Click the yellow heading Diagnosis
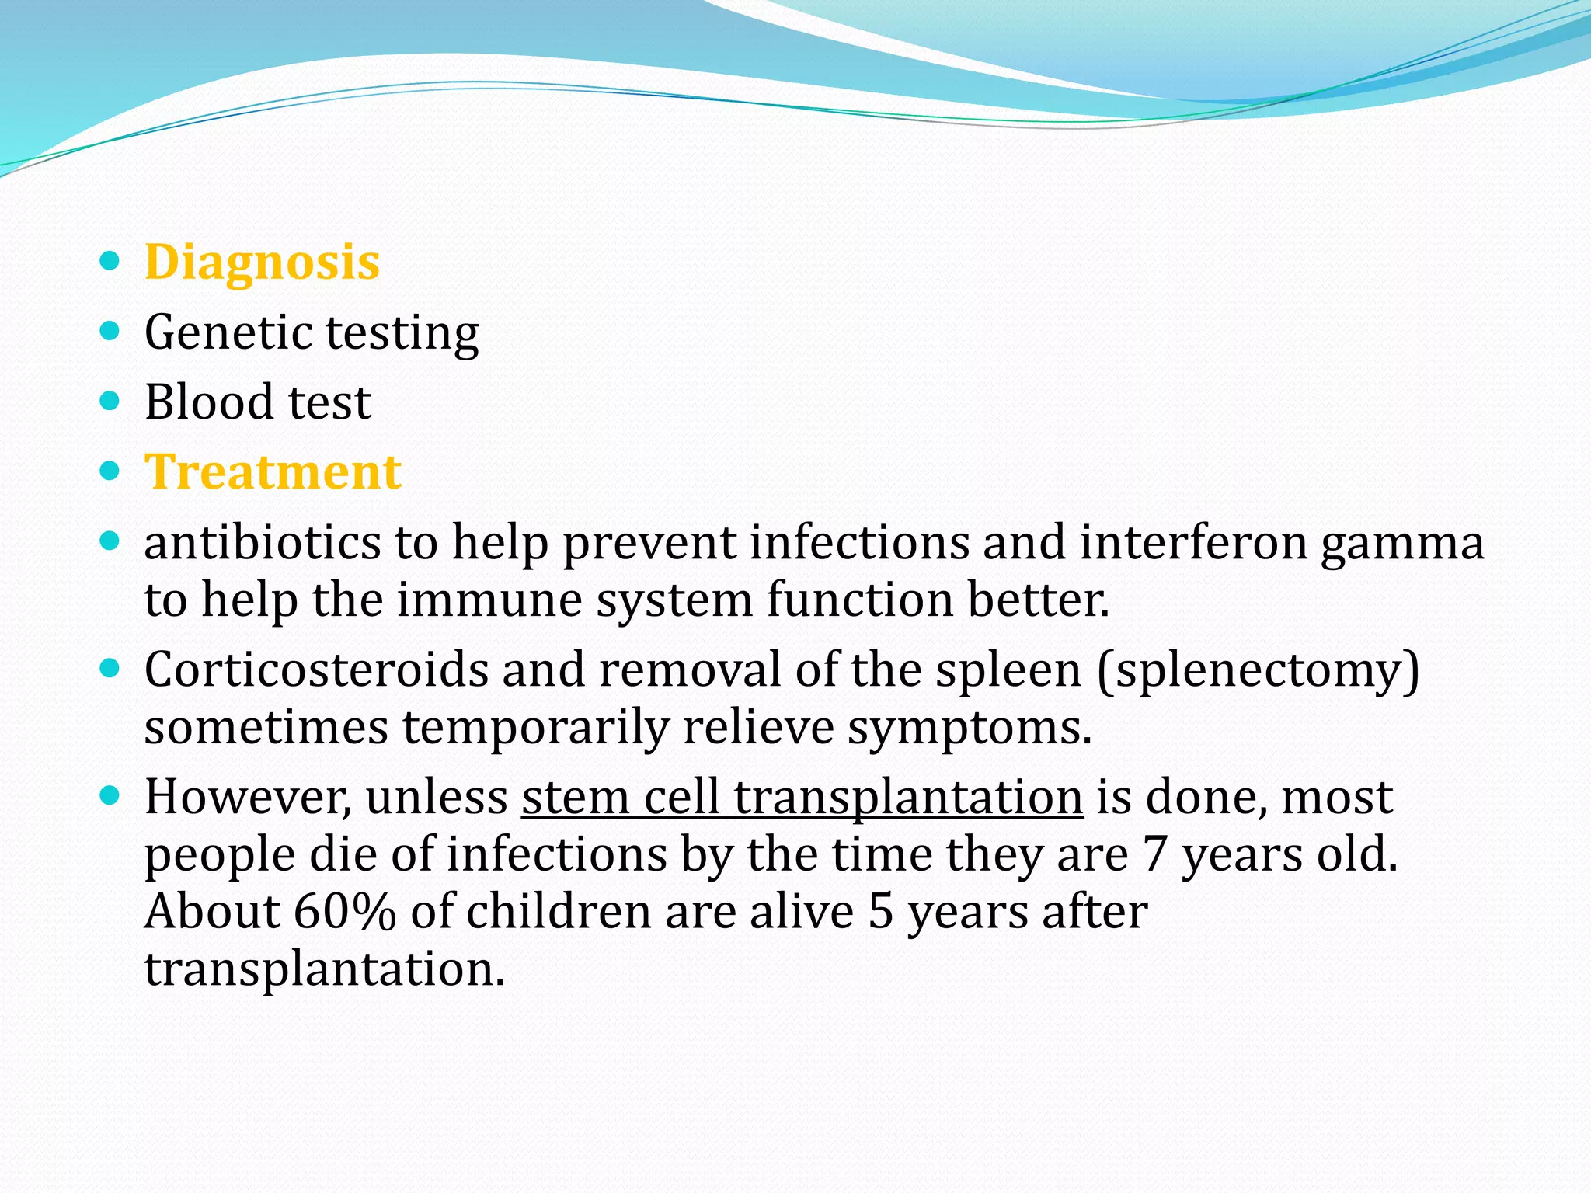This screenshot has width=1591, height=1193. [262, 263]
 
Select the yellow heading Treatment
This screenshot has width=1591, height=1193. [273, 472]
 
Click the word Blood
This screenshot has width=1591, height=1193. [209, 402]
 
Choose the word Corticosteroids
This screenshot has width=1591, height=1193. [316, 670]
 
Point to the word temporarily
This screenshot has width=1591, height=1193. [535, 729]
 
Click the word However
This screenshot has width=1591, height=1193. [248, 798]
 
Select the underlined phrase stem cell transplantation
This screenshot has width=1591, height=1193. [802, 798]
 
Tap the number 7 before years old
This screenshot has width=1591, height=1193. [1155, 854]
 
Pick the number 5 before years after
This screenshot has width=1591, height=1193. [880, 912]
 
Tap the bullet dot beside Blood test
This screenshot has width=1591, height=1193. [110, 402]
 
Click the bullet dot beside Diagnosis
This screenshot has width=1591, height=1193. [110, 262]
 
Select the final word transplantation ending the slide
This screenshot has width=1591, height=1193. [324, 970]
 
